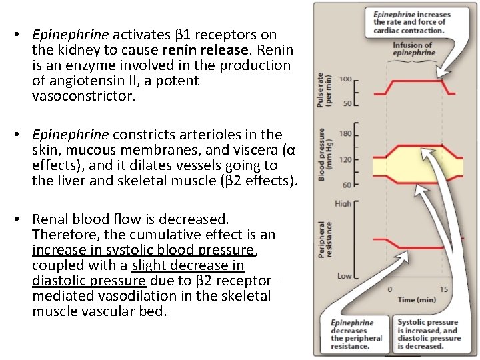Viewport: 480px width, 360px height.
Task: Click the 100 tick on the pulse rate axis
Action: click(346, 79)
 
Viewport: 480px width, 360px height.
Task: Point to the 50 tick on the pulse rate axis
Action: click(347, 103)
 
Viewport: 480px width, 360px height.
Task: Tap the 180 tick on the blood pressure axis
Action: click(345, 135)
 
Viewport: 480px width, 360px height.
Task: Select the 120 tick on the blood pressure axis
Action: click(345, 159)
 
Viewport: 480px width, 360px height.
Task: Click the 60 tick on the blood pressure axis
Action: click(346, 185)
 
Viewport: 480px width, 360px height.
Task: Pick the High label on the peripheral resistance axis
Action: click(343, 203)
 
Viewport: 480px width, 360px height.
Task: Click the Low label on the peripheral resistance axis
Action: click(344, 275)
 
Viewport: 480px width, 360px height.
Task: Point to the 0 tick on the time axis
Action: click(389, 289)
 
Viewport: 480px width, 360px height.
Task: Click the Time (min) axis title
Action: click(417, 299)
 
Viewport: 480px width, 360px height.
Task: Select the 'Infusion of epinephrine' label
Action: click(412, 49)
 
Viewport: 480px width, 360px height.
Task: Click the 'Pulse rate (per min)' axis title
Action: click(325, 90)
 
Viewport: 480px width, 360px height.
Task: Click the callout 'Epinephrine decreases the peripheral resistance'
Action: click(357, 334)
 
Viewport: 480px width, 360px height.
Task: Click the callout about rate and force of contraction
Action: click(412, 23)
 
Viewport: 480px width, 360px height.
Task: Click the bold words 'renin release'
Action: click(193, 50)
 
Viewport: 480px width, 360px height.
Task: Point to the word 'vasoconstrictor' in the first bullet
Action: click(83, 96)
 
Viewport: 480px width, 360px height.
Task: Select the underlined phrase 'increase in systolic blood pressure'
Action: click(143, 250)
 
